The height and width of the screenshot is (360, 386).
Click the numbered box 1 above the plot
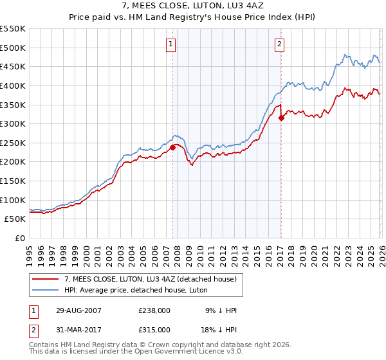171,44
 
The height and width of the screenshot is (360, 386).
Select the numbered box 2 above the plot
280,44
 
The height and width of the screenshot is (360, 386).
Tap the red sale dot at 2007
172,147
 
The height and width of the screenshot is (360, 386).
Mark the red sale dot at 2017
281,118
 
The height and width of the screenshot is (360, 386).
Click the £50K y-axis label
15,219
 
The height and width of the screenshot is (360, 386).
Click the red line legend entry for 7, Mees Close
151,279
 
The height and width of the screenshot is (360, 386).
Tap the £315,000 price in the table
154,329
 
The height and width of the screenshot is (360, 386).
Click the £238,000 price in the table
154,310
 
